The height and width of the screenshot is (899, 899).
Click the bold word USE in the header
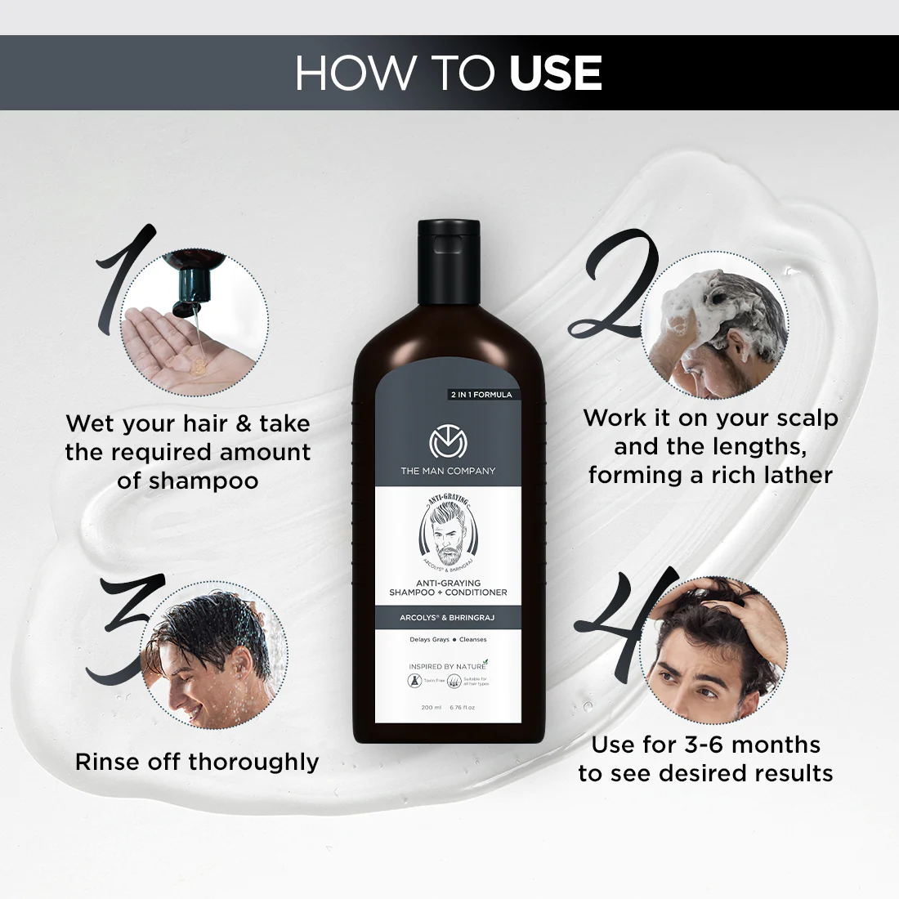556,74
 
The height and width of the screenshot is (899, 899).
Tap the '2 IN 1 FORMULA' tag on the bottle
481,395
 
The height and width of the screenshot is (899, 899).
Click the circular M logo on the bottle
447,442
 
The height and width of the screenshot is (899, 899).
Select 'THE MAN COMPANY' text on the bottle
448,471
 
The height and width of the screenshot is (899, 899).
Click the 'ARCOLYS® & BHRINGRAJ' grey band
447,618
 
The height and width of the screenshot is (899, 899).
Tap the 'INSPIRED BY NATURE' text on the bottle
445,667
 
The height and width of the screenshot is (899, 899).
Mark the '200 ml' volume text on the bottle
432,708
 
